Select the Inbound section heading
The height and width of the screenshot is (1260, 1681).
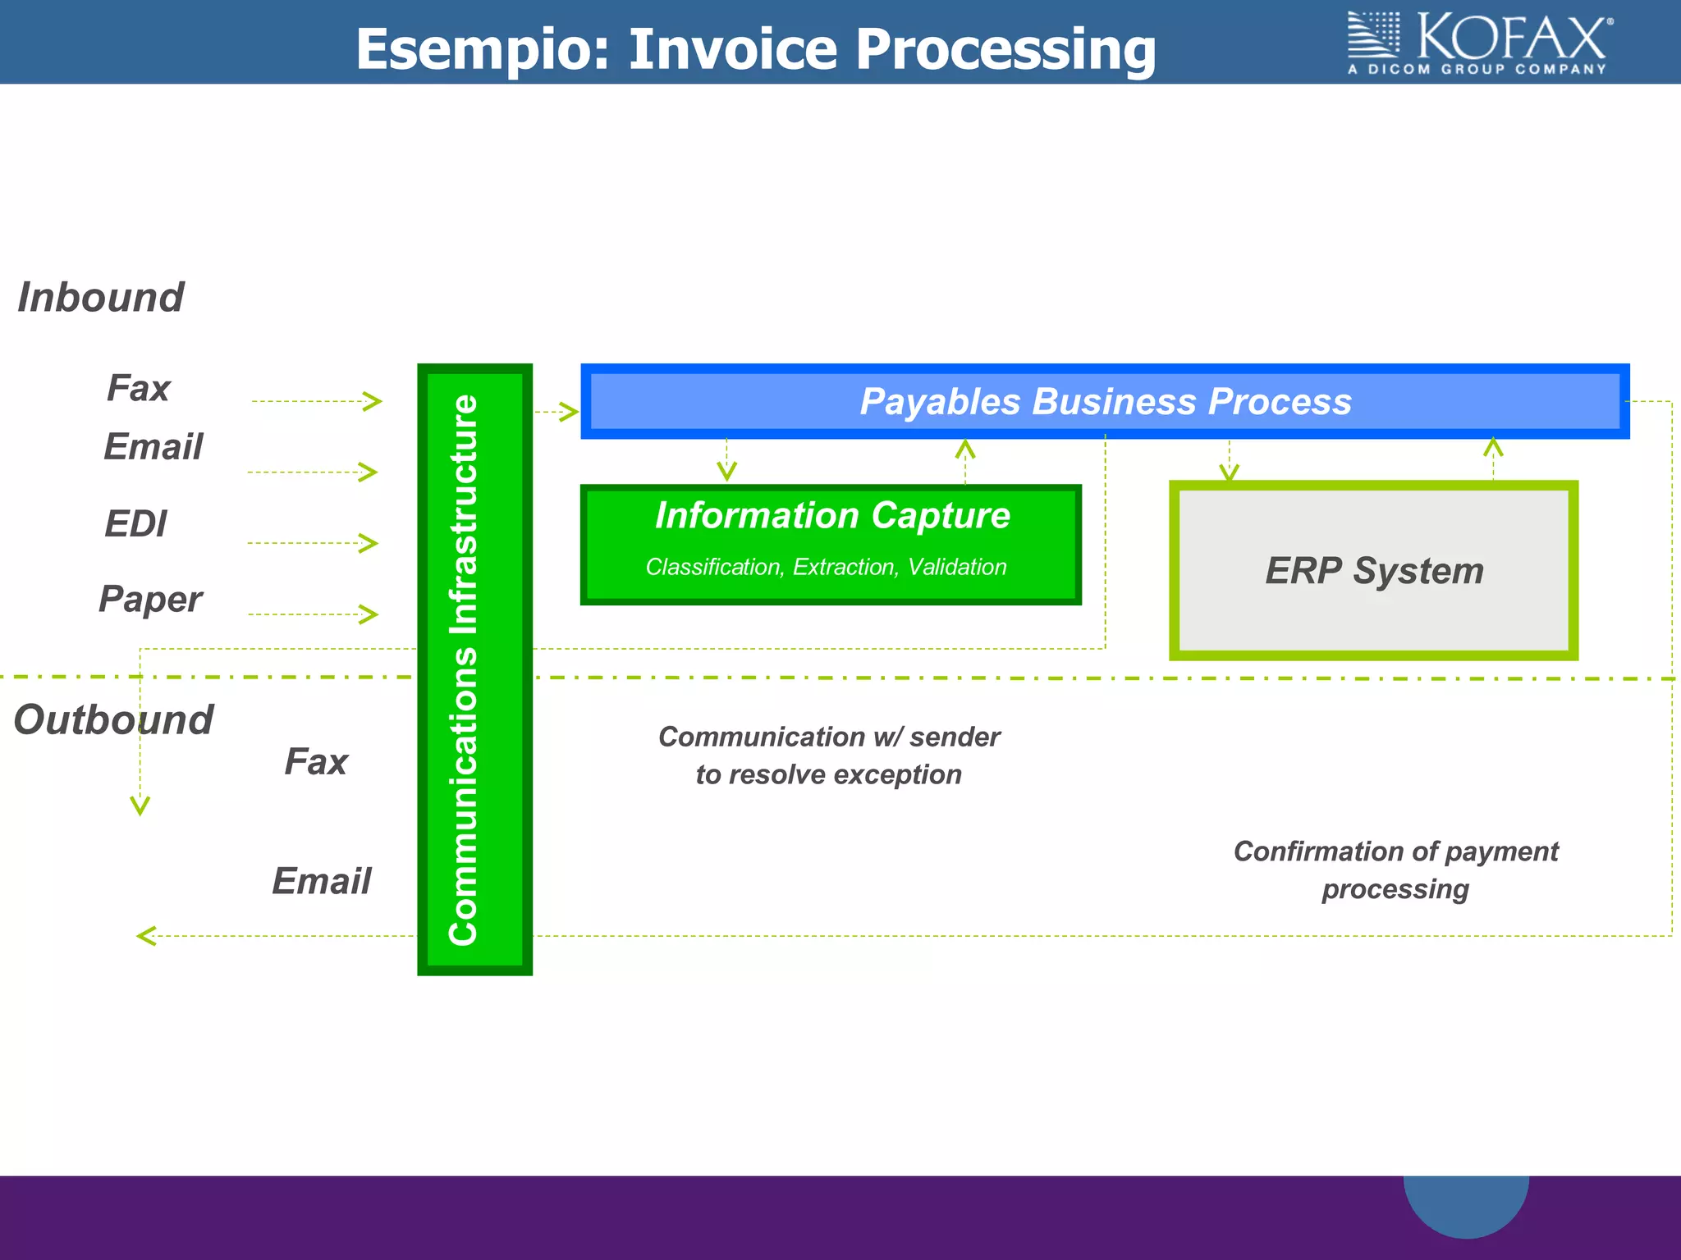tap(100, 297)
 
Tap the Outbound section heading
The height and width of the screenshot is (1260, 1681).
tap(113, 719)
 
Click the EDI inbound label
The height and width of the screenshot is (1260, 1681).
tap(135, 523)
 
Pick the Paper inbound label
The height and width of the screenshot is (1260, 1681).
tap(150, 599)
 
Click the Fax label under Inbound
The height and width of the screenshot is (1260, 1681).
tap(138, 387)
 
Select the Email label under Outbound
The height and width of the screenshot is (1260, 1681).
tap(321, 881)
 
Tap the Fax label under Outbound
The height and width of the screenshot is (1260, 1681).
tap(316, 761)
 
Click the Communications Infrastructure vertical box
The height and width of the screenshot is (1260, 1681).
tap(474, 669)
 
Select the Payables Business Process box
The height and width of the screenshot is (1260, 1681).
tap(1105, 401)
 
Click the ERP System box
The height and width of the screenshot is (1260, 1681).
tap(1373, 570)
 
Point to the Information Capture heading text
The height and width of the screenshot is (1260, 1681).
tap(832, 515)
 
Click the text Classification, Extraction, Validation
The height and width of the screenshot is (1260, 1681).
tap(826, 567)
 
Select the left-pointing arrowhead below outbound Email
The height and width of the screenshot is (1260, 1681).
tap(146, 935)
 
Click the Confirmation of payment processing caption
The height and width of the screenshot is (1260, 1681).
tap(1395, 870)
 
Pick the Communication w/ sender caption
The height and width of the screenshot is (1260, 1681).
tap(829, 755)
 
